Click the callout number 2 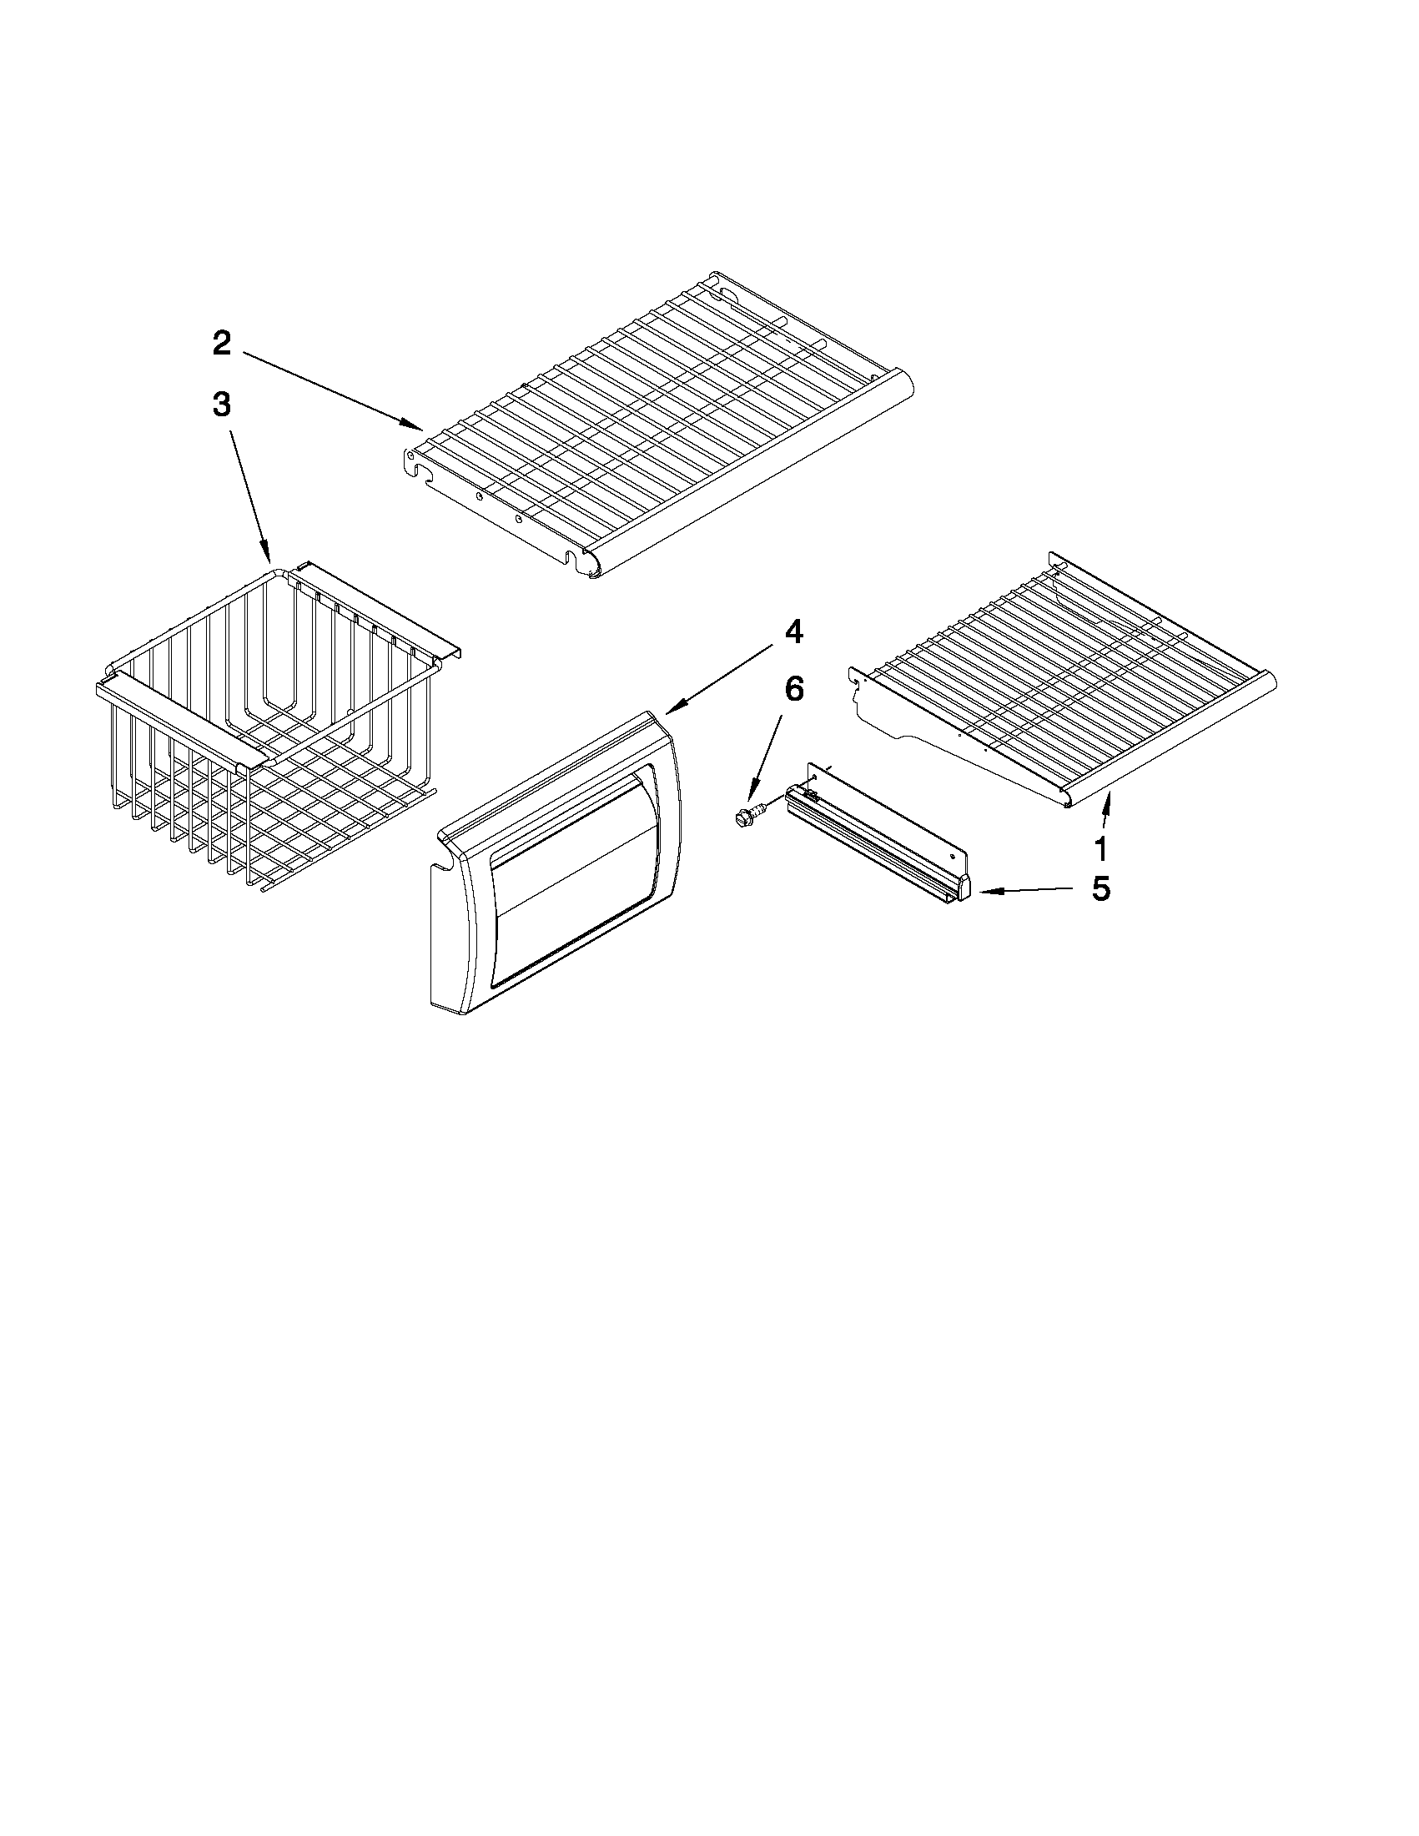[221, 343]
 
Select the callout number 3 [221, 405]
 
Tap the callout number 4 [793, 632]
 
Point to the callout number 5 [1100, 888]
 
